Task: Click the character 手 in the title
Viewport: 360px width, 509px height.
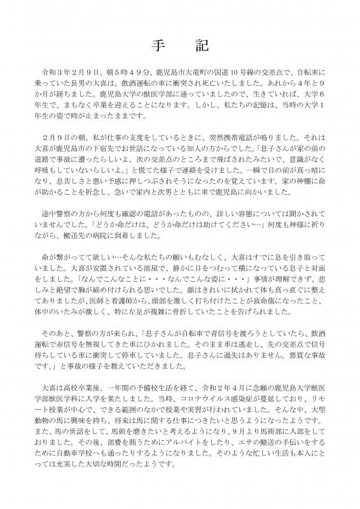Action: point(158,48)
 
